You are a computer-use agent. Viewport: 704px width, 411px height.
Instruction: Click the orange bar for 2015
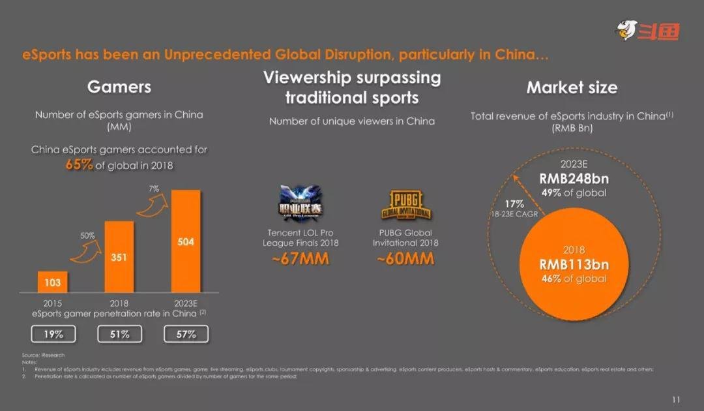click(x=53, y=282)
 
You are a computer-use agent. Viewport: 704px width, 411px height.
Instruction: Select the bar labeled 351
click(x=119, y=257)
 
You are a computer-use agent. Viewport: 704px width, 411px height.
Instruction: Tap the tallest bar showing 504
click(x=186, y=241)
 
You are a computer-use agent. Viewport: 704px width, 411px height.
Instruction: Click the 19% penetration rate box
click(x=53, y=334)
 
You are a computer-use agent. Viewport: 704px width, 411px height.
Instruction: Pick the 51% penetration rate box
click(x=119, y=334)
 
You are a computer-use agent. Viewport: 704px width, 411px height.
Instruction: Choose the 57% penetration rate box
click(x=186, y=334)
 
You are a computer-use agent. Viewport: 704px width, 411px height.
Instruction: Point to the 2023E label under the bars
click(x=186, y=303)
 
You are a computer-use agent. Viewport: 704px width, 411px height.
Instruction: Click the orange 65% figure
click(x=79, y=165)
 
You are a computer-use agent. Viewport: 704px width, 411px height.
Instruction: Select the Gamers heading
click(x=119, y=87)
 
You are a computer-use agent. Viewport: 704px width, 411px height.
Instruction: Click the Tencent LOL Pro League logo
click(x=301, y=204)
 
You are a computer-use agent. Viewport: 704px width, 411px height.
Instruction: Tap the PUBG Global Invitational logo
click(x=405, y=205)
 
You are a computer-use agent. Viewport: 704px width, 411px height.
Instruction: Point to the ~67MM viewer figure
click(x=301, y=259)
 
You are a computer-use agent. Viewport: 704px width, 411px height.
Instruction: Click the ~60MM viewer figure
click(x=405, y=259)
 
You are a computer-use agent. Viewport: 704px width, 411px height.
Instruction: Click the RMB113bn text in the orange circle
click(x=574, y=264)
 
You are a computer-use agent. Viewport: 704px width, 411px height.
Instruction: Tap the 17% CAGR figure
click(x=514, y=204)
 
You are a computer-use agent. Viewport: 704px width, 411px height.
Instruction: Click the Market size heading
click(x=572, y=87)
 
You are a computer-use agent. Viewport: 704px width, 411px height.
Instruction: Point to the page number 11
click(x=675, y=399)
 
